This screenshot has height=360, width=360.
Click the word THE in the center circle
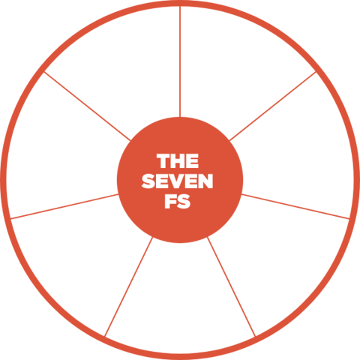coord(178,161)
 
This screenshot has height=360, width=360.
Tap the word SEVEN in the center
coord(177,181)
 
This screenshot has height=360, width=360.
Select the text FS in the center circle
coord(178,201)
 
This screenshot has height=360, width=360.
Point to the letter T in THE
coord(163,161)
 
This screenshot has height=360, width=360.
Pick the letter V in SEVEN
coord(177,181)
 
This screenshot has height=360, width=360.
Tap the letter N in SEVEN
coord(205,181)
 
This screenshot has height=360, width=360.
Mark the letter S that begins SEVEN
coord(148,181)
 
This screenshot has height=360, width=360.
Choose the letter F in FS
coord(170,201)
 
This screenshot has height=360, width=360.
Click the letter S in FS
coord(184,201)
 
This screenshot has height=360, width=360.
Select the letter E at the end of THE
coord(193,161)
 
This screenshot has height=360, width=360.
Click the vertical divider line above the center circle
coord(180,61)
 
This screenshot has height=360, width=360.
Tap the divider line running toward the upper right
coord(273,106)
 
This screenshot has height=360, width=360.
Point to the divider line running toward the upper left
coord(87,106)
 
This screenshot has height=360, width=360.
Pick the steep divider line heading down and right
coord(231,286)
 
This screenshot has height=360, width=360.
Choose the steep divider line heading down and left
coord(129,286)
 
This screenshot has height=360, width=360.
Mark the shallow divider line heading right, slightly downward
coord(295,206)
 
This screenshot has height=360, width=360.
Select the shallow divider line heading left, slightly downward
coord(64,206)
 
